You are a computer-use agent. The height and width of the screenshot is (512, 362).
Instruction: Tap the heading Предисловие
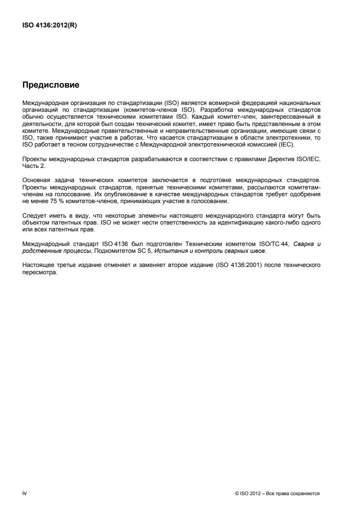51,85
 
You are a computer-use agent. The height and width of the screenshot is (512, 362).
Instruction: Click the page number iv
25,493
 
